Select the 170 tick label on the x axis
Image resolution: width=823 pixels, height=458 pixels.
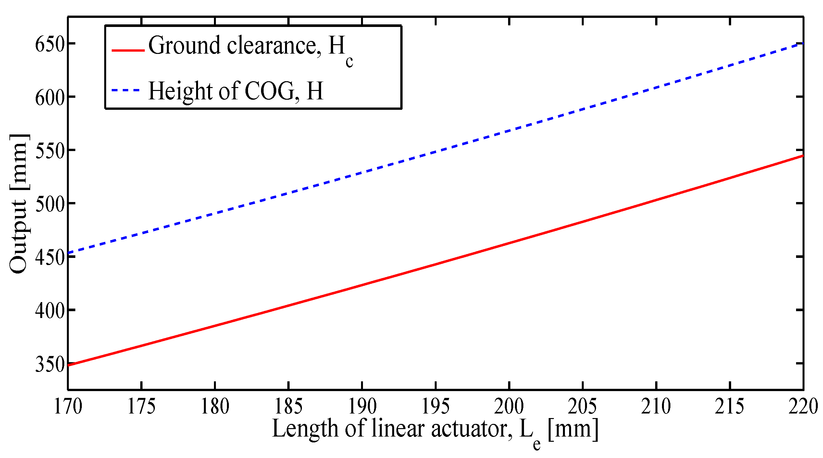click(68, 406)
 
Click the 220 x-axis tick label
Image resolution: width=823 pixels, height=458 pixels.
click(803, 406)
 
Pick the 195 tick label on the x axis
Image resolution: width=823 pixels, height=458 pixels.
click(435, 406)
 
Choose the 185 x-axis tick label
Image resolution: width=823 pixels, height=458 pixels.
click(288, 406)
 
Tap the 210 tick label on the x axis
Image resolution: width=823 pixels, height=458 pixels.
click(656, 406)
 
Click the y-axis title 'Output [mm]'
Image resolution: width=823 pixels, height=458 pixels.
click(19, 204)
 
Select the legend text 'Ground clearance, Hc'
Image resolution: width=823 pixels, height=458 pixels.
click(250, 47)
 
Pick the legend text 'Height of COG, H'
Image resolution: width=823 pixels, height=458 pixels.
click(236, 91)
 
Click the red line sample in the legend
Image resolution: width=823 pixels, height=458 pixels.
click(128, 50)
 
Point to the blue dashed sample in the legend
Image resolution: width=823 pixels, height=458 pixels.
click(126, 90)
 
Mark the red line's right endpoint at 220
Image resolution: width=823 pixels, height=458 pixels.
click(803, 156)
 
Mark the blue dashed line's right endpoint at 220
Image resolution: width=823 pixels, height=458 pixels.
click(803, 43)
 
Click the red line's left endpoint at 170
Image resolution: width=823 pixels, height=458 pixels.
click(69, 365)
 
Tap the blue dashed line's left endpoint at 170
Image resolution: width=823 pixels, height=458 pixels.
click(69, 253)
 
